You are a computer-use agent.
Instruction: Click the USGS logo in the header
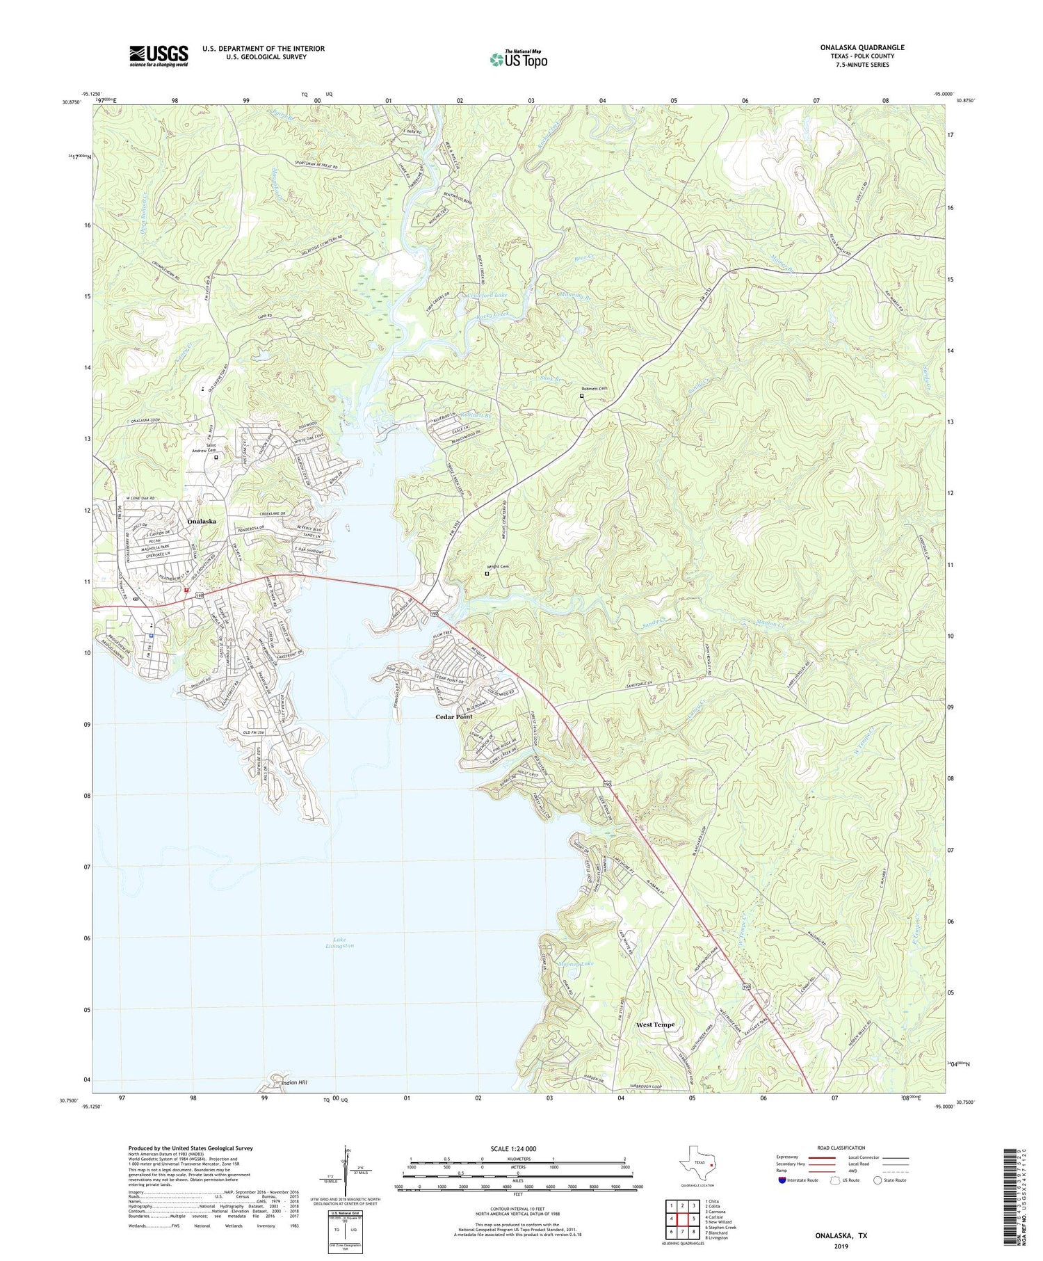click(x=159, y=56)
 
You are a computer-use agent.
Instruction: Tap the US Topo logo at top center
click(x=518, y=60)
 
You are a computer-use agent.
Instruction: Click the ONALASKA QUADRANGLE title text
click(x=862, y=47)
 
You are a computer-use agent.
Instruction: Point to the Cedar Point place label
click(x=453, y=716)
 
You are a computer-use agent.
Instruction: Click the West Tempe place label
click(x=655, y=1025)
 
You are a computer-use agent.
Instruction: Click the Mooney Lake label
click(x=576, y=964)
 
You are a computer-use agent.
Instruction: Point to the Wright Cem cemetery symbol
click(x=487, y=574)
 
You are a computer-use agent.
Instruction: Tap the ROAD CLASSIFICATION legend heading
click(x=841, y=1148)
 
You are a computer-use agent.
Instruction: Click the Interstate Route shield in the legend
click(x=782, y=1180)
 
